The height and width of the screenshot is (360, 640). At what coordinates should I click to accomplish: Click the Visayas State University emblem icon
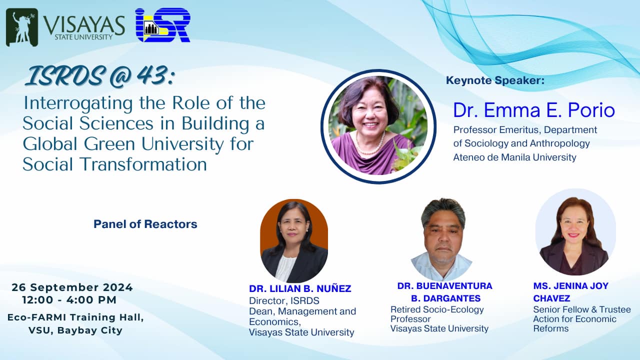pos(22,27)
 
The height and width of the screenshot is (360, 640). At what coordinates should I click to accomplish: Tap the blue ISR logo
pos(163,25)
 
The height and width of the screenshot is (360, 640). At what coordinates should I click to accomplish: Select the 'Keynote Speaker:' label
pos(495,80)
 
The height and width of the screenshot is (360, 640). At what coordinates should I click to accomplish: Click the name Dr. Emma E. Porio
pos(534,110)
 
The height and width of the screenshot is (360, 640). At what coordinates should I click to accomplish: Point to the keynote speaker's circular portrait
pos(378,126)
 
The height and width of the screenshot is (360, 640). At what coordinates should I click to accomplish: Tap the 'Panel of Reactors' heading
pos(145,224)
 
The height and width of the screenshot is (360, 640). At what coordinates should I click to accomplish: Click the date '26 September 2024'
pos(72,287)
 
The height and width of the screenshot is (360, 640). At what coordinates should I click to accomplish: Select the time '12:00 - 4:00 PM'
pos(69,299)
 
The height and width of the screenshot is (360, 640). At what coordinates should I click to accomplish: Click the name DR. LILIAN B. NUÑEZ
pos(300,288)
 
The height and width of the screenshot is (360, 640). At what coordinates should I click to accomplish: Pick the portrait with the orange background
pos(294,241)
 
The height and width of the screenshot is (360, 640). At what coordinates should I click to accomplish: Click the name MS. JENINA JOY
pos(571,285)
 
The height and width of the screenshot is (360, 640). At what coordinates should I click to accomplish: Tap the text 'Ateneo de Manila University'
pos(514,157)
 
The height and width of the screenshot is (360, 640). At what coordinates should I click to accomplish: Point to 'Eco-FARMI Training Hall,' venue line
pos(75,317)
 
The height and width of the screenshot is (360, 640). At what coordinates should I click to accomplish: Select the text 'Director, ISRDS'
pos(284,300)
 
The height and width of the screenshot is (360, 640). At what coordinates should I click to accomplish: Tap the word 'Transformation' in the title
pos(143,164)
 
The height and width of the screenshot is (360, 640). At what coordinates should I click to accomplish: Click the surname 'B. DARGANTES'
pos(445,298)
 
